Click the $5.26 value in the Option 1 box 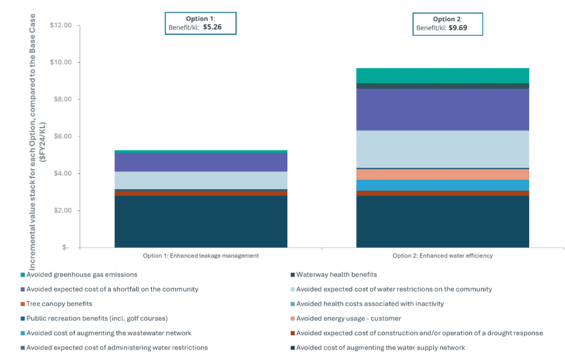212,26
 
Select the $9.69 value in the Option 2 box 457,27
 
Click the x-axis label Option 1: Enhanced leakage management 201,256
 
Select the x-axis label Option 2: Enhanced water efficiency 443,256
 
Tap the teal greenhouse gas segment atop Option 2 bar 443,76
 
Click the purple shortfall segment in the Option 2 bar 443,109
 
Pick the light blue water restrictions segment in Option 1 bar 201,180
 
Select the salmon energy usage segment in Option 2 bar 443,174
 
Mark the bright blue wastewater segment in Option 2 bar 443,185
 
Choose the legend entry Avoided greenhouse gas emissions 82,275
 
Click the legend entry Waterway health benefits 336,275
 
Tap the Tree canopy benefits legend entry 59,304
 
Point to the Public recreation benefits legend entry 97,319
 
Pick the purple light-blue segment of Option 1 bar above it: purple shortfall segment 201,162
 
